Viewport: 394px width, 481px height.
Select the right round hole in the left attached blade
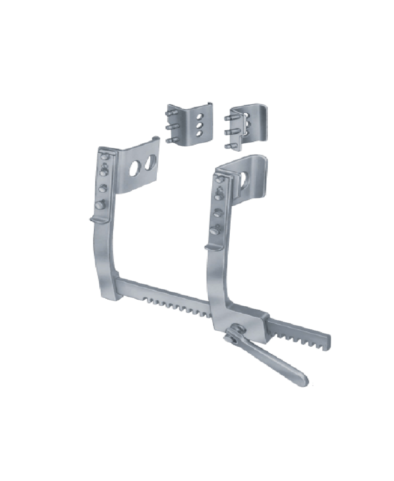(151, 163)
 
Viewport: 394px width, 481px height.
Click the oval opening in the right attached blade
(243, 180)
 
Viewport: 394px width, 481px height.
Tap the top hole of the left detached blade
(200, 116)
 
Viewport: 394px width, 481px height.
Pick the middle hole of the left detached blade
(200, 125)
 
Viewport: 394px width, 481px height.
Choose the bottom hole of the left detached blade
(199, 134)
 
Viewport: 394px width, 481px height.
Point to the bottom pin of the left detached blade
(170, 140)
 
